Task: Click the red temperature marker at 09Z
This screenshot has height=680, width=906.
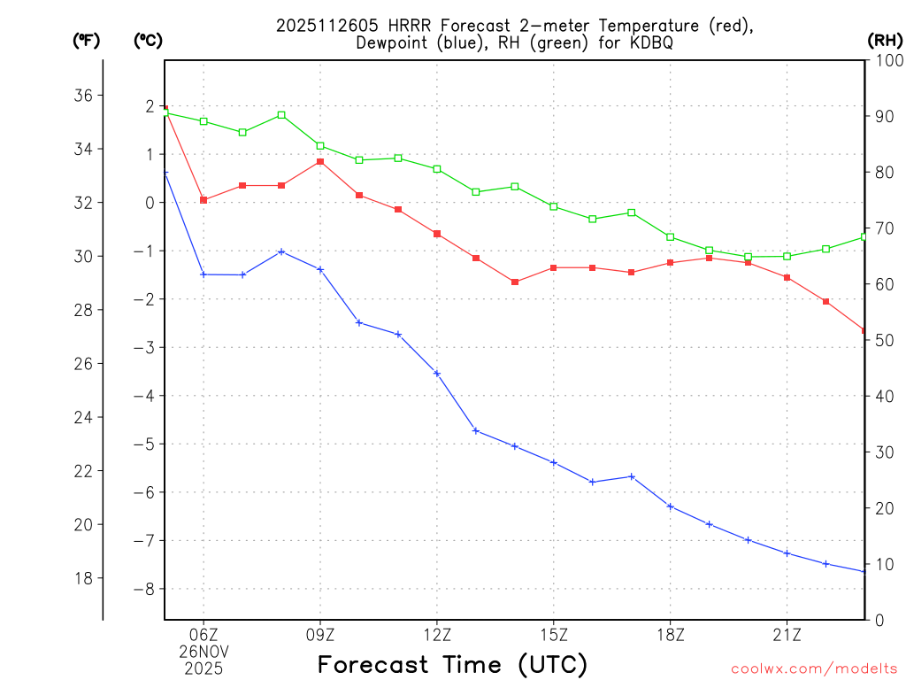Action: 320,161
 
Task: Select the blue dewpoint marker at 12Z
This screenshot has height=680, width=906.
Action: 437,373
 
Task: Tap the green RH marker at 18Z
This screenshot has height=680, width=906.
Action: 671,236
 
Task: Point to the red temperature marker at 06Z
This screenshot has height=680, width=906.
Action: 203,200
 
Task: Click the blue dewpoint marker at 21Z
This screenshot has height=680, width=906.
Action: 787,553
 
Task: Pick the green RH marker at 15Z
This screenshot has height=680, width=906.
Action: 554,206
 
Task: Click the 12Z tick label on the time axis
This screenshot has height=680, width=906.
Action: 437,634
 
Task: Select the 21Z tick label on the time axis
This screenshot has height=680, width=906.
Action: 787,634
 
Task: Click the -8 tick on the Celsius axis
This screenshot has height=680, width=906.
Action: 143,589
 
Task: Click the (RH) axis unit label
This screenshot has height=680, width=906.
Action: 884,40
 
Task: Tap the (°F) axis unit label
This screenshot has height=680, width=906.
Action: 86,40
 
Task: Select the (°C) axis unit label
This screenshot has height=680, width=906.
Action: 148,40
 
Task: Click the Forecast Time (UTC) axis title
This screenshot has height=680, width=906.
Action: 452,664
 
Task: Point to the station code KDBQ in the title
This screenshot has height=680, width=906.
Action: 649,42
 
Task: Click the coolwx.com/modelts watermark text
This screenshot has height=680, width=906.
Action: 814,668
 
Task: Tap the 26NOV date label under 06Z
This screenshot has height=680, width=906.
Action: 203,651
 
